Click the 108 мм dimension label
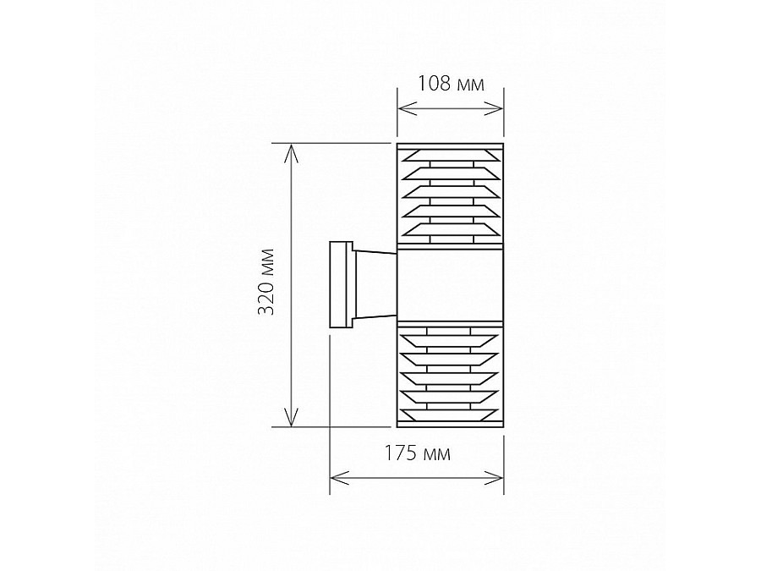point(451,84)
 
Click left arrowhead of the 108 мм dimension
point(403,108)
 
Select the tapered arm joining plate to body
point(375,284)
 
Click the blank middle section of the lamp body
point(450,284)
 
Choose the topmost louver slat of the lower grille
point(450,340)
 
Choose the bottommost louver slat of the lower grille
point(450,414)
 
